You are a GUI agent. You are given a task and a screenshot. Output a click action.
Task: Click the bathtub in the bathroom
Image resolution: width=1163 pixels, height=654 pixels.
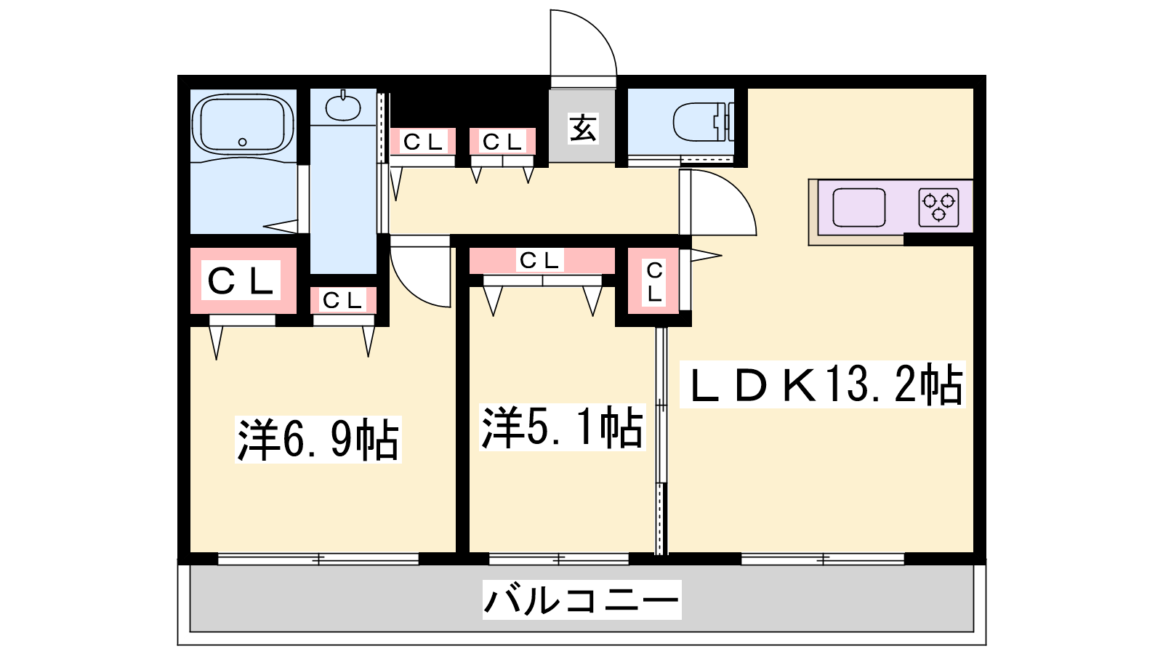click(x=243, y=124)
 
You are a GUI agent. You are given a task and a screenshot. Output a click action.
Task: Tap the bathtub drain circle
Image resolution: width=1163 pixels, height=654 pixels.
click(x=243, y=142)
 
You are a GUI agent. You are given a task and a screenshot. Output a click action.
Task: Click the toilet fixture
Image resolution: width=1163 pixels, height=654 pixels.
click(x=704, y=123)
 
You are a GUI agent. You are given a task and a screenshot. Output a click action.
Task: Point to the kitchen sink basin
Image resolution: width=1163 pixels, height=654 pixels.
click(x=859, y=207)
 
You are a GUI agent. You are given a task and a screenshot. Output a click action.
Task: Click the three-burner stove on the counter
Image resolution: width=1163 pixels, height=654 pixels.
click(x=938, y=207)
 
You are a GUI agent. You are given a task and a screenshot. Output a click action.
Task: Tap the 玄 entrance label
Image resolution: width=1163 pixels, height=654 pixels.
click(x=583, y=128)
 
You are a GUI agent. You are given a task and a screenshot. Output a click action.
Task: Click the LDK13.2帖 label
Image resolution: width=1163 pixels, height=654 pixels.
click(x=822, y=384)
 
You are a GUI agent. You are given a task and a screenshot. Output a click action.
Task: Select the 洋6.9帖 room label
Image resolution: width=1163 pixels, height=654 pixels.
click(x=318, y=439)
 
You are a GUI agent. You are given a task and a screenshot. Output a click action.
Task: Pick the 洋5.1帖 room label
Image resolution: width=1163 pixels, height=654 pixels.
click(x=563, y=427)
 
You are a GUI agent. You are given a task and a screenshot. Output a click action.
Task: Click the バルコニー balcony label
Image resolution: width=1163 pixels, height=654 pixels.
click(x=581, y=600)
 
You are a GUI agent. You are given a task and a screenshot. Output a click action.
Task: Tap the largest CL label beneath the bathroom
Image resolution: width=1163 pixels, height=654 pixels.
click(x=241, y=280)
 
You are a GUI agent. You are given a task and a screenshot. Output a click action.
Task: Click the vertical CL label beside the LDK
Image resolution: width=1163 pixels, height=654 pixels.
click(x=654, y=282)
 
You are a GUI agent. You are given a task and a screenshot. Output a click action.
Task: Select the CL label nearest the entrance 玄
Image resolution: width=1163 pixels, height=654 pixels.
click(x=502, y=141)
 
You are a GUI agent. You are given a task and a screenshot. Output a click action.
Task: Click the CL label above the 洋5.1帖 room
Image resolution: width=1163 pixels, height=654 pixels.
click(x=540, y=260)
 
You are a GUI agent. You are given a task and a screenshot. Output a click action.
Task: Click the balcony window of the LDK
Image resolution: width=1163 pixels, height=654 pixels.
click(x=822, y=559)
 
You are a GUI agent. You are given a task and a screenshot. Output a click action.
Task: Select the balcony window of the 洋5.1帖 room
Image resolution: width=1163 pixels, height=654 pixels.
click(x=559, y=559)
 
